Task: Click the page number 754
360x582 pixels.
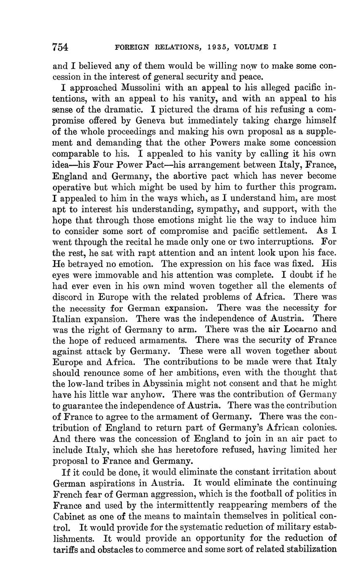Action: (x=61, y=47)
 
